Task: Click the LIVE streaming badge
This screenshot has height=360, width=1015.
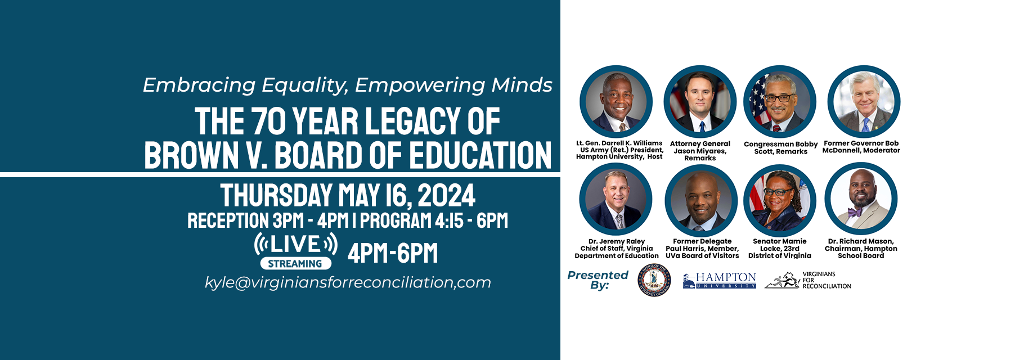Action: coord(296,251)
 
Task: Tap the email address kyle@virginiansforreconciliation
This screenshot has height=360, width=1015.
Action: coord(348,282)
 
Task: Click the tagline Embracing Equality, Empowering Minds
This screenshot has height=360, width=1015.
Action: coord(348,85)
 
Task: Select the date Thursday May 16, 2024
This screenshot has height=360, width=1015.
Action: coord(348,195)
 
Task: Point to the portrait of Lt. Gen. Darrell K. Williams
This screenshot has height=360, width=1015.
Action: coord(616,102)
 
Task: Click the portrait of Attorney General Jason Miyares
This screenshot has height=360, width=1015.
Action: coord(700,102)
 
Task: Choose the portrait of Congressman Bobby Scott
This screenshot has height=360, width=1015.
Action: coord(780,102)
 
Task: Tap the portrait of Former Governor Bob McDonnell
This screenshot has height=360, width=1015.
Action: coord(864,102)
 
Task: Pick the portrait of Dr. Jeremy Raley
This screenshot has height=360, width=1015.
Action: coord(616,199)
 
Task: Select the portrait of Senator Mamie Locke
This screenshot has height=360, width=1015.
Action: coord(780,199)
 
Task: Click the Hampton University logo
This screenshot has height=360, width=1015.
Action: coord(720,281)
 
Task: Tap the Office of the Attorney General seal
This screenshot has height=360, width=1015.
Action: coord(654,280)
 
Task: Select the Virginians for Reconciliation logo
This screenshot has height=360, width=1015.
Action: coord(808,280)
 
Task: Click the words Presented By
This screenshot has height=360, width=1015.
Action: coord(598,280)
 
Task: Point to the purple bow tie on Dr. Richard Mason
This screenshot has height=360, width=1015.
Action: coord(855,212)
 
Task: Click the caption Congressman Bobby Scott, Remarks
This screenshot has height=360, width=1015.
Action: coord(781,148)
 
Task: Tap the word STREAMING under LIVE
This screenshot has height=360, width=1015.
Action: coord(295,263)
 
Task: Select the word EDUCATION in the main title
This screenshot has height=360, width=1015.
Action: coord(480,155)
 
